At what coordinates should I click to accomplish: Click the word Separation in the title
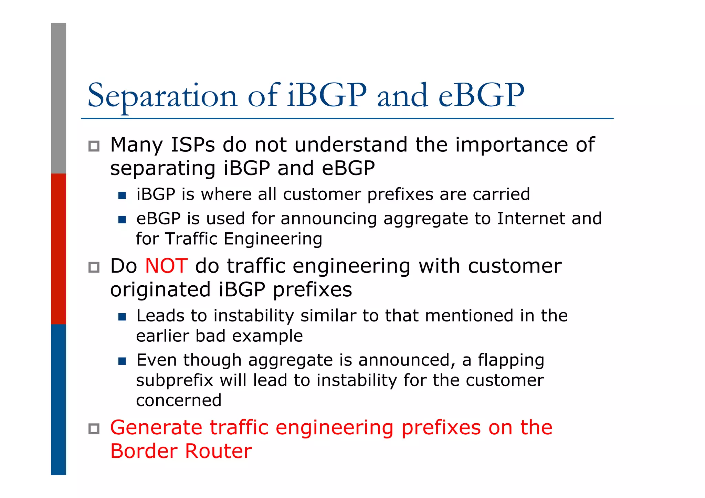(162, 96)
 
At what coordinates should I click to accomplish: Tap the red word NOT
(166, 266)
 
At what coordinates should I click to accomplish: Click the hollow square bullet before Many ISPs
(94, 146)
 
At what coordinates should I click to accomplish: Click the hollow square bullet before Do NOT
(94, 267)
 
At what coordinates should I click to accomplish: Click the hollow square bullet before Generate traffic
(94, 429)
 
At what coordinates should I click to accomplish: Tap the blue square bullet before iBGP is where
(122, 195)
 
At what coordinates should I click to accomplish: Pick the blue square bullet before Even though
(122, 361)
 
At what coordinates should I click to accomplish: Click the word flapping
(511, 360)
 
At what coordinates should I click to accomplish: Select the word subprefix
(175, 380)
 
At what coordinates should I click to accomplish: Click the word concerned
(179, 401)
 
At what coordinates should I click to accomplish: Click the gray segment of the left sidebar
(59, 98)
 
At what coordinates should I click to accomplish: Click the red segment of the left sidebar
(59, 248)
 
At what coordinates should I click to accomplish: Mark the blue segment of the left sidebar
(59, 399)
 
